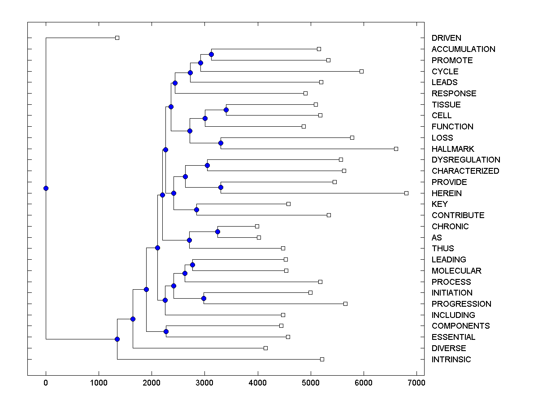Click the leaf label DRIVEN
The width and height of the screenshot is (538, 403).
pos(446,38)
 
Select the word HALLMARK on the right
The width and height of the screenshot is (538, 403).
pos(453,149)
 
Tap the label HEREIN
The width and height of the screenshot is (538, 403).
pos(447,193)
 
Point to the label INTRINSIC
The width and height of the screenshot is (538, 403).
pos(451,359)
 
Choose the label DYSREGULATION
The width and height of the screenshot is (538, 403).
pos(466,160)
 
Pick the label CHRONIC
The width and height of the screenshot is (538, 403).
pos(450,226)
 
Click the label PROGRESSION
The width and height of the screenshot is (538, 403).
pos(461,304)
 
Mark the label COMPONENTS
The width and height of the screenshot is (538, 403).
pos(460,326)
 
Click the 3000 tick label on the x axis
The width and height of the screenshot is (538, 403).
pos(204,382)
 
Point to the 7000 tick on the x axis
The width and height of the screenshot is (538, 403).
pos(417,382)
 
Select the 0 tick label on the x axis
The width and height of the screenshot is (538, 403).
pos(46,382)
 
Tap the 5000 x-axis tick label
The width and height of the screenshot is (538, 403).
pos(310,382)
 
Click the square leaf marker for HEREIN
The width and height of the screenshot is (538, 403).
pos(406,193)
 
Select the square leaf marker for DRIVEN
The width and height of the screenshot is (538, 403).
pos(117,38)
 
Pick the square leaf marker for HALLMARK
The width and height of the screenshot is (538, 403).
pos(396,149)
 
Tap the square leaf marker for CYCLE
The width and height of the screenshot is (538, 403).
pos(361,71)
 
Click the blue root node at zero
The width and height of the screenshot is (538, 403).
pos(46,188)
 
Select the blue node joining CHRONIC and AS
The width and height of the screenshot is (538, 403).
pos(217,232)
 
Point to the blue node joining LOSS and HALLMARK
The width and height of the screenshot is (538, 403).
pos(221,143)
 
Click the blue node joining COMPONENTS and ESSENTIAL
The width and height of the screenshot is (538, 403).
pos(166,331)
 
